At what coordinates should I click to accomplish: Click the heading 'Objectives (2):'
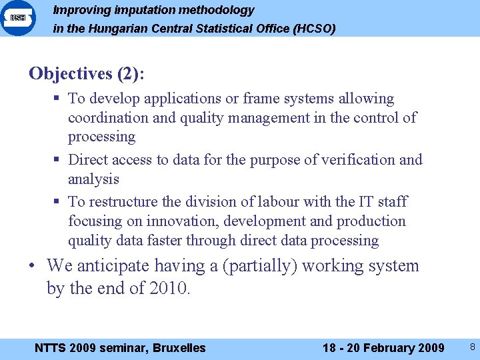pos(86,73)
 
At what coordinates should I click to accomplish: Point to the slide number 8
pos(472,347)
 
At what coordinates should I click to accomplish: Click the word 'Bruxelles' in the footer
pos(179,347)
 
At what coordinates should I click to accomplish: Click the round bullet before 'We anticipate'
pos(32,266)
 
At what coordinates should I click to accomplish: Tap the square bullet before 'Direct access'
pos(58,160)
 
